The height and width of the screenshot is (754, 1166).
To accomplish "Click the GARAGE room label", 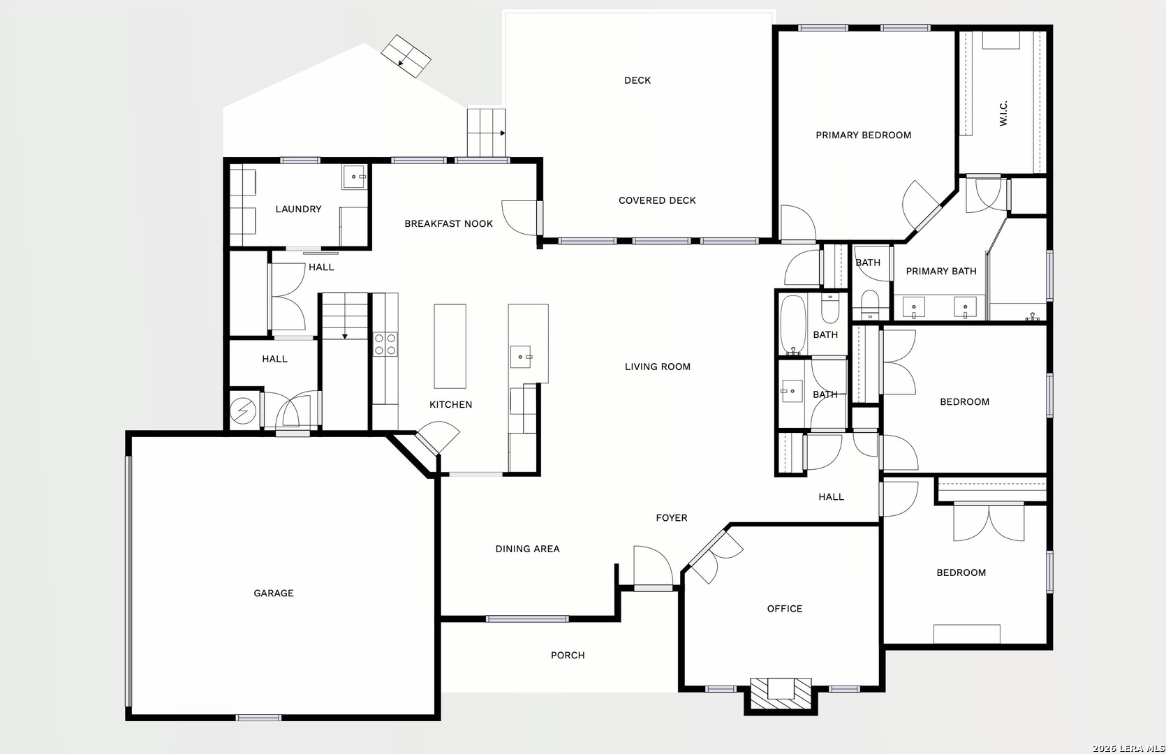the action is pos(273,593).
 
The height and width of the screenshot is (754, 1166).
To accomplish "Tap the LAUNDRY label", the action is pos(298,209).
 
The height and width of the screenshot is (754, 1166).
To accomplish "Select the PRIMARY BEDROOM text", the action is pos(863,135).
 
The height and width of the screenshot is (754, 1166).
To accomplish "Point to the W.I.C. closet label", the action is pos(1003,113).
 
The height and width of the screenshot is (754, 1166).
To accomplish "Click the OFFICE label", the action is pos(785,608).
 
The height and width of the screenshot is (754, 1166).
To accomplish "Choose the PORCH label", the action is pos(568,655).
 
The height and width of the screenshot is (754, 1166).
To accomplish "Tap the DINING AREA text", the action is pos(527,549).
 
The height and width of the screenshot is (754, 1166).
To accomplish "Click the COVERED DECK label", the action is pos(657,200).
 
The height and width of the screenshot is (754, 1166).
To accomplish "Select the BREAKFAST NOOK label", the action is pos(448,223).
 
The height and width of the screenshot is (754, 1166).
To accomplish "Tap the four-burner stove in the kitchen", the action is pos(385,344).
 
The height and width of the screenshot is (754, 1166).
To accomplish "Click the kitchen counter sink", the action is pos(521,357).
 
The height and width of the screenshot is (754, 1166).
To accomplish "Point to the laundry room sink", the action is pos(355,177).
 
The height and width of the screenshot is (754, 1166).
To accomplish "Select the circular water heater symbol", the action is pos(243,411).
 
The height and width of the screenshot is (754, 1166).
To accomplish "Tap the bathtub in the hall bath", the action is pos(792,325).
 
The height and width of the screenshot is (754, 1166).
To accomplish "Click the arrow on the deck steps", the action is pos(502,133).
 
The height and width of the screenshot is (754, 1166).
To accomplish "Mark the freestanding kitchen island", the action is pos(450,346).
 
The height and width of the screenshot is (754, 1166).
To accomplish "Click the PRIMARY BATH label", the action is pos(941,271).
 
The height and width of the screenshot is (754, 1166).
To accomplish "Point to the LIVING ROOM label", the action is pos(658,367).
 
